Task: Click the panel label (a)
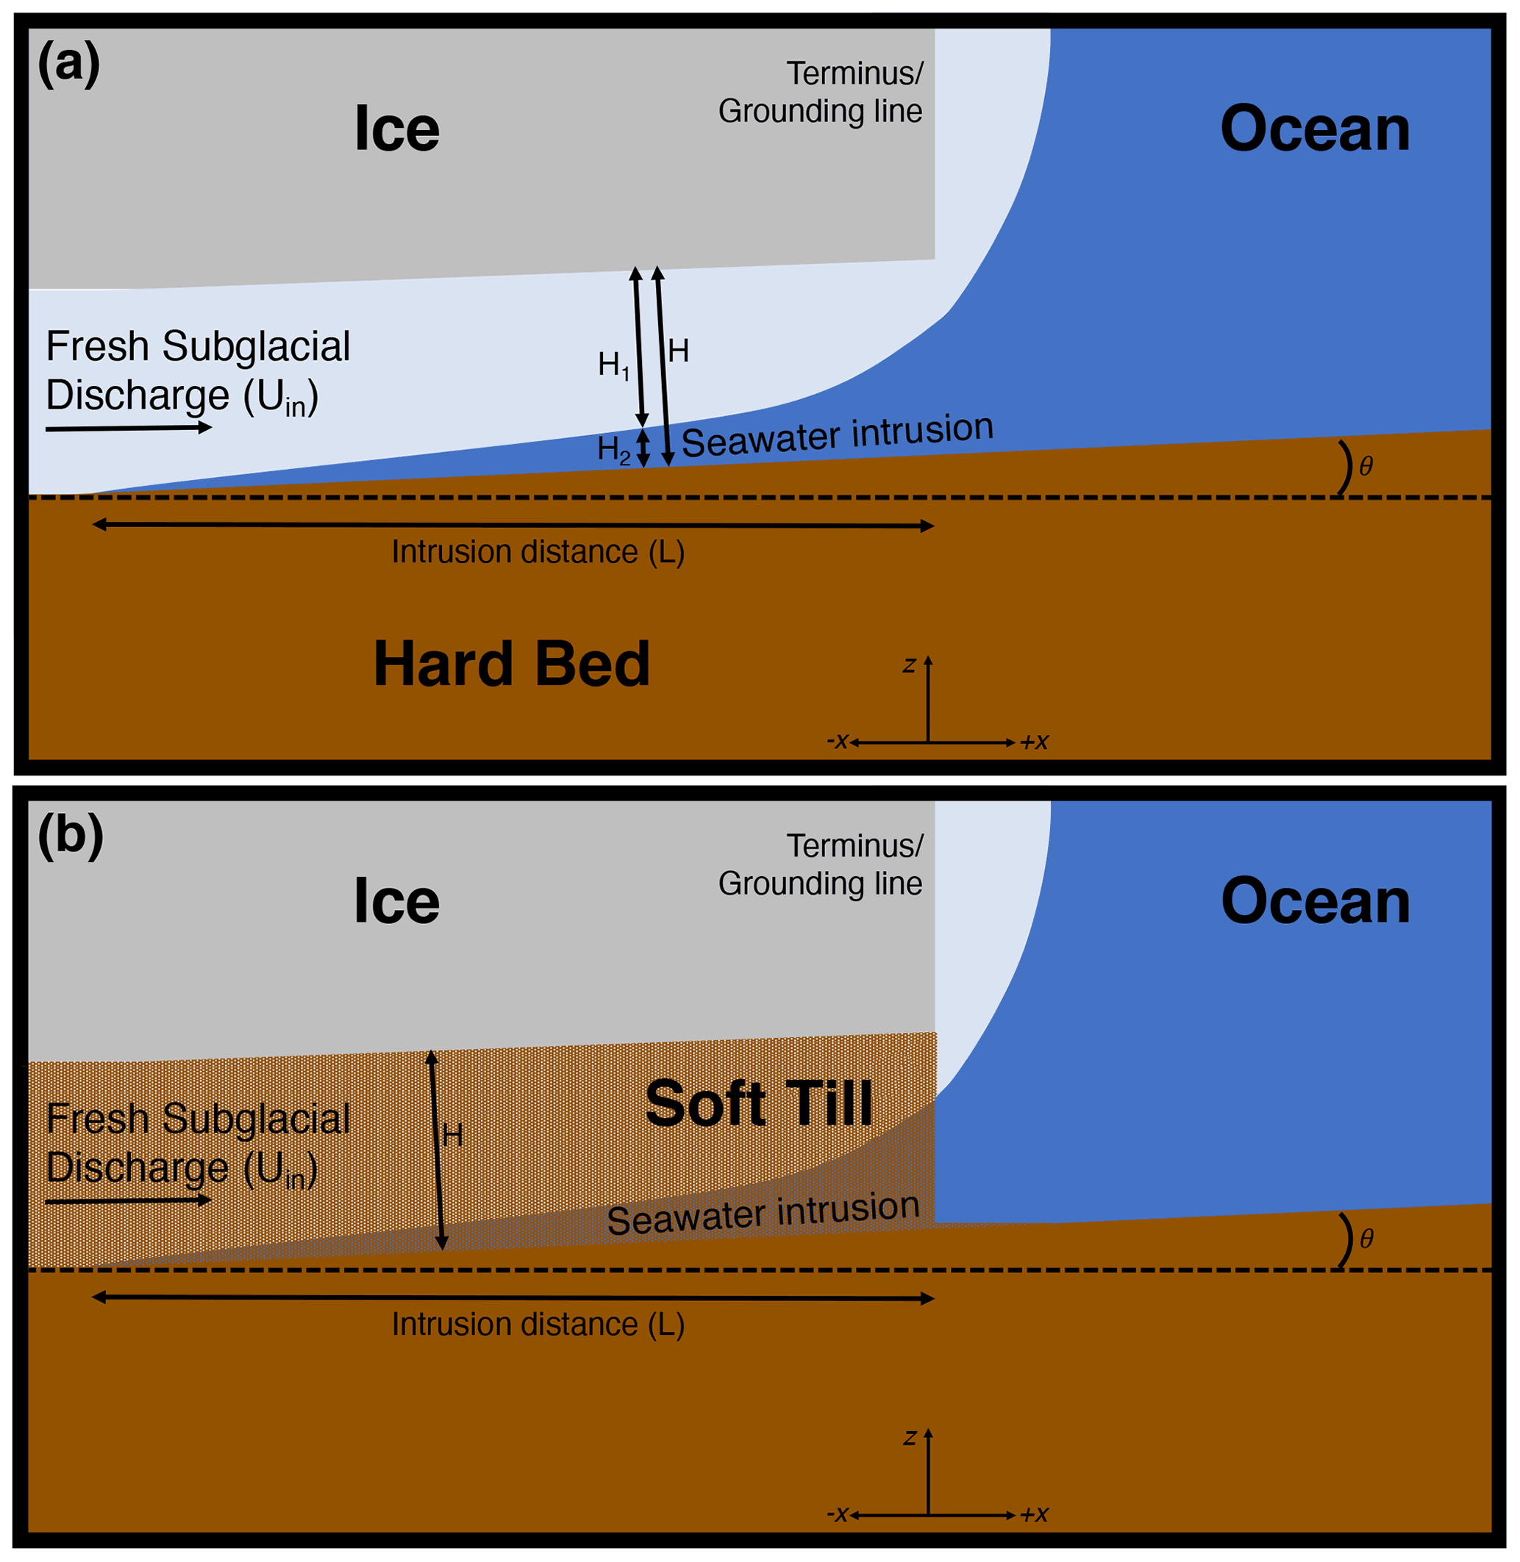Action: pos(68,64)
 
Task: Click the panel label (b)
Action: pos(71,836)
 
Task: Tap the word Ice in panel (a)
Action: pos(397,129)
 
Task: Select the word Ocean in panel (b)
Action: pos(1315,902)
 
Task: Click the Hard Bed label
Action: pos(512,664)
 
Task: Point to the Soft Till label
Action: pos(758,1105)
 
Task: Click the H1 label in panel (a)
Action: pos(614,365)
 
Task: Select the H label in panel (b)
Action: pos(453,1135)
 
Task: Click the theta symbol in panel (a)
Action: pos(1366,467)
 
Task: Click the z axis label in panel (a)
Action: pos(908,665)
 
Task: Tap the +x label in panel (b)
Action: pos(1035,1514)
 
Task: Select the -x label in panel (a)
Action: pos(838,742)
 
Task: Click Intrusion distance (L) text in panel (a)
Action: pos(538,552)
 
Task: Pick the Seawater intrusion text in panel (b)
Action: pos(763,1214)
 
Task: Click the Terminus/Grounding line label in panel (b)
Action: pos(821,864)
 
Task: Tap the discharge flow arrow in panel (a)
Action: pos(129,429)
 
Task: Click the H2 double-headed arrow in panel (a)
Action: pos(643,448)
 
